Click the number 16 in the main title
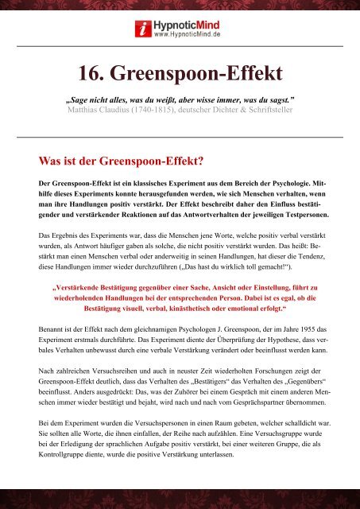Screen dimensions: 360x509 point(92,73)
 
